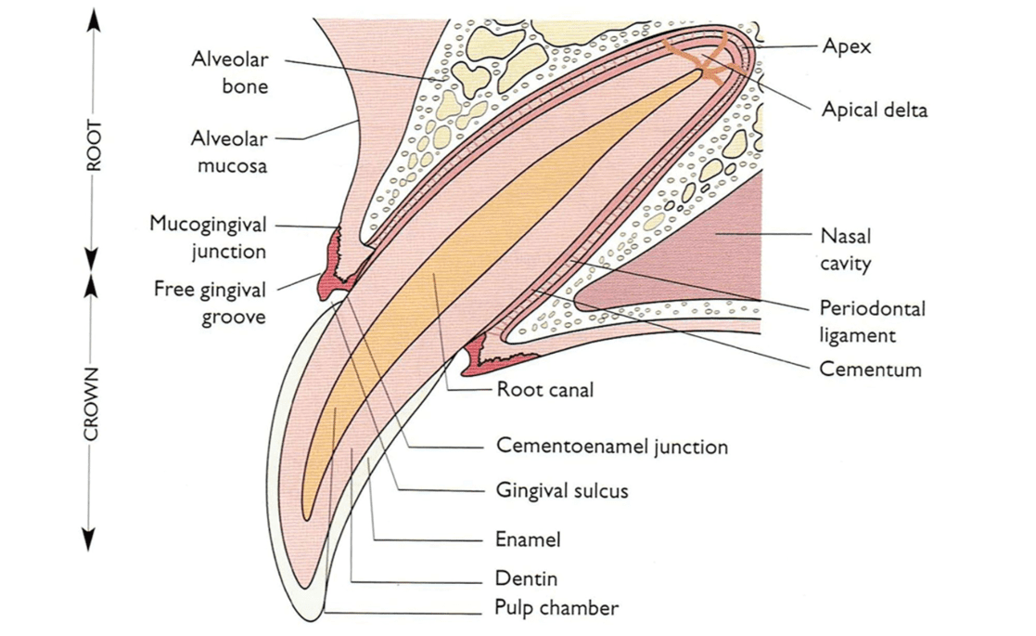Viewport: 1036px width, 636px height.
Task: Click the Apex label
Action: [846, 45]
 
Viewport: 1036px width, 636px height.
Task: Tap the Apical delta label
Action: [874, 110]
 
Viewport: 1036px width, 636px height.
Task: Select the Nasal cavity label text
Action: [845, 249]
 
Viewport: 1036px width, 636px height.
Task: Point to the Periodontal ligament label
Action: [872, 320]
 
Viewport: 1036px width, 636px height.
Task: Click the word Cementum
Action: [870, 370]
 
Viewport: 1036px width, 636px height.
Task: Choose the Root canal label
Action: [544, 390]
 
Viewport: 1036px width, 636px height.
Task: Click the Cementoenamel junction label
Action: [612, 447]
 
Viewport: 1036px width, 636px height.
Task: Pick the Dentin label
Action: [527, 578]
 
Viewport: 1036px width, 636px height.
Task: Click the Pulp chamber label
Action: [556, 609]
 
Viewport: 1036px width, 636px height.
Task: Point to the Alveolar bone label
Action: [230, 72]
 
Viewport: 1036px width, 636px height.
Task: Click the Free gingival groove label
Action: [210, 303]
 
